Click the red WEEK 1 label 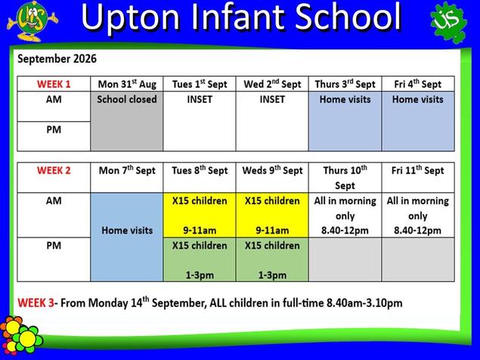[54, 84]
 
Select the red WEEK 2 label [54, 170]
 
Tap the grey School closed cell [127, 121]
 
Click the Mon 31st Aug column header [127, 84]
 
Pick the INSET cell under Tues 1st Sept [200, 121]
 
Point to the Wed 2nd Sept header [272, 84]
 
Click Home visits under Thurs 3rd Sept [345, 121]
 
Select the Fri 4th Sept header [417, 84]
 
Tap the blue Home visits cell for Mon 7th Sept [127, 237]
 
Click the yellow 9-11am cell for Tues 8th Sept [200, 215]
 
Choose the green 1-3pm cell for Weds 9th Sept [272, 259]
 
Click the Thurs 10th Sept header [345, 178]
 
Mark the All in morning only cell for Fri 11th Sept [417, 215]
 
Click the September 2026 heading [57, 58]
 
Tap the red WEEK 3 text [36, 303]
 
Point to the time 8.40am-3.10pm [364, 303]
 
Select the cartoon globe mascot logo [32, 21]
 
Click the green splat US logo [449, 22]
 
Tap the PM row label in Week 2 [54, 245]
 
